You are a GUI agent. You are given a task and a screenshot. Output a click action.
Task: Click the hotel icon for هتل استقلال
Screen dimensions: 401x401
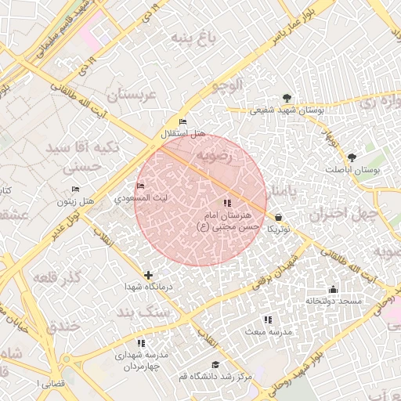tap(183, 122)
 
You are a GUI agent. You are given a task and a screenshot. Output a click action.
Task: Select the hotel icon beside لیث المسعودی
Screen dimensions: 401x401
tap(141, 186)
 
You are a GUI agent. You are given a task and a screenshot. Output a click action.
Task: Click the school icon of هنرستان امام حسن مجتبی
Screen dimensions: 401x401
tap(227, 204)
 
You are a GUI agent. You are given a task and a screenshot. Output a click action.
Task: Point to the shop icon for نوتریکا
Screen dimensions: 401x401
tap(279, 217)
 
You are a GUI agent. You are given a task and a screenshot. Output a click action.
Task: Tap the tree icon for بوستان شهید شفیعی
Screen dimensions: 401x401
tap(287, 98)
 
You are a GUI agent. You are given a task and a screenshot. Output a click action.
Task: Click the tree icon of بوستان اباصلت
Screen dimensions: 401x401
tap(351, 157)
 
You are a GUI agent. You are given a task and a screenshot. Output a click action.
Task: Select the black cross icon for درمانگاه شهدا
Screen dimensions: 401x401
tap(148, 275)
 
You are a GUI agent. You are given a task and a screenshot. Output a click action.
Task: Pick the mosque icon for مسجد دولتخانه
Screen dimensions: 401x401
tap(334, 288)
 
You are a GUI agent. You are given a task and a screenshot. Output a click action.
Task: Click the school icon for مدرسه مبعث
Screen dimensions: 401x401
tap(268, 320)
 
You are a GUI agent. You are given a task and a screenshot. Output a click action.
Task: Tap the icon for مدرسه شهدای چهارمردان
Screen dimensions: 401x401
tap(141, 343)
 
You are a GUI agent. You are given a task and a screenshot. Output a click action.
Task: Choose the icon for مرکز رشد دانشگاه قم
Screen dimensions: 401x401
tap(215, 365)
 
